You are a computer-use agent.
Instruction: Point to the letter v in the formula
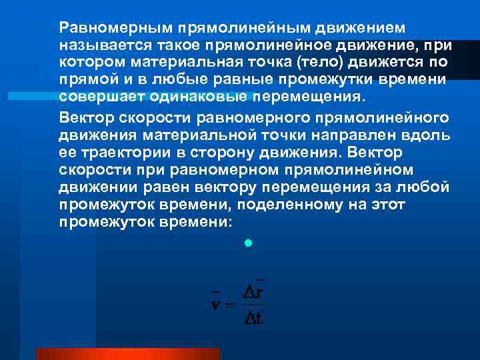(215, 305)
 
